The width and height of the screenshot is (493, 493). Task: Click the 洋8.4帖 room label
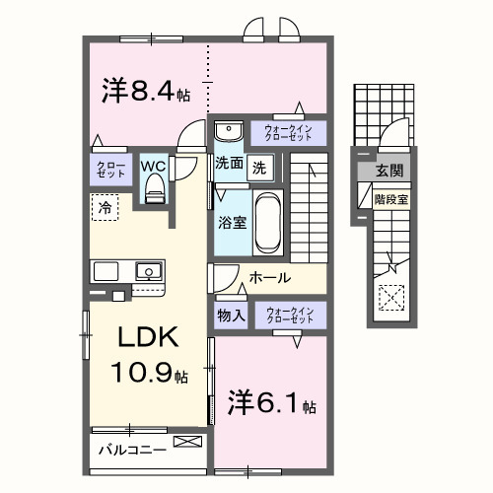[x=146, y=91]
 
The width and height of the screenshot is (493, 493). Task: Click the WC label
[x=153, y=167]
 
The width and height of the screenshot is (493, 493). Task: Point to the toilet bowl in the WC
[x=154, y=193]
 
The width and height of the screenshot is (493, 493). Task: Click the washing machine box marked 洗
[x=258, y=168]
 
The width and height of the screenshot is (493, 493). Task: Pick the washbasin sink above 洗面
[x=228, y=131]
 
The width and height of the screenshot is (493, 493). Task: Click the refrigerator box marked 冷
[x=104, y=208]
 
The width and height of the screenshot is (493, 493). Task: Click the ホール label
[x=267, y=279]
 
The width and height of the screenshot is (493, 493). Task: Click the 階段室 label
[x=390, y=197]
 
